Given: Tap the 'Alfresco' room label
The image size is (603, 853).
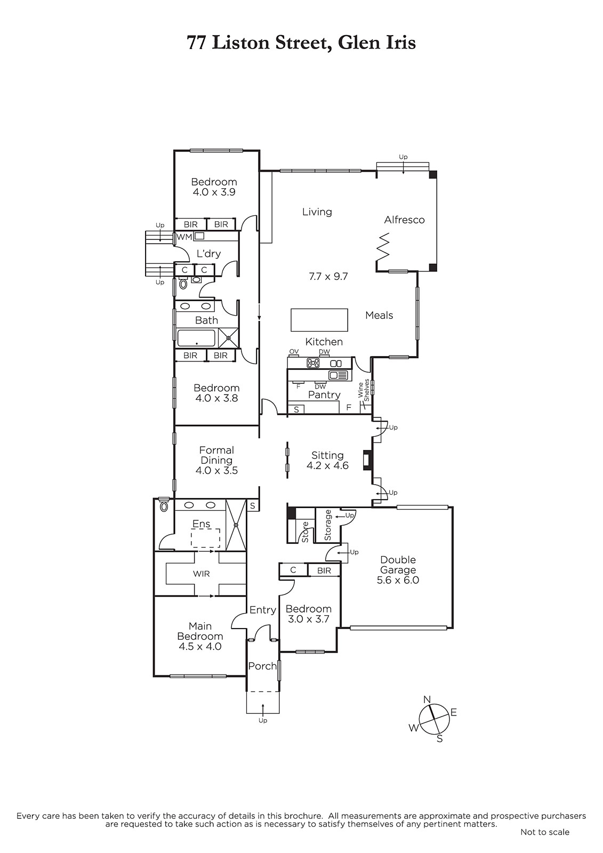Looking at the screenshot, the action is coord(404,220).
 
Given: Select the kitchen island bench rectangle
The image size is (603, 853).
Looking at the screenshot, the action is coord(319,320).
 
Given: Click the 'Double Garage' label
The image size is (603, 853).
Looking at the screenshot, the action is coord(398,565).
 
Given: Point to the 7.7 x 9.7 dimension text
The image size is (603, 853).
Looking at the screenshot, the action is coord(328,276).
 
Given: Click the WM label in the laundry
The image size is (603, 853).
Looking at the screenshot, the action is coord(184,237).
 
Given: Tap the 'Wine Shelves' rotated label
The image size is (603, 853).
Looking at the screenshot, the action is coord(364,390).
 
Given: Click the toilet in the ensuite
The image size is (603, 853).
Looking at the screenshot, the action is coord(164,506).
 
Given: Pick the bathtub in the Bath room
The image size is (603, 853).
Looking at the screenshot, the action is coord(196,338).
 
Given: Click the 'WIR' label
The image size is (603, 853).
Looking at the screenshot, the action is coord(201,574).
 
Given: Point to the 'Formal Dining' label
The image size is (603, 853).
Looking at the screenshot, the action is coord(216,455).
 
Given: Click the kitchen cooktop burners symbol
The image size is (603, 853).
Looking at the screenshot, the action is coord(313,363).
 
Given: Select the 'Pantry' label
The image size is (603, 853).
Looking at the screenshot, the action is coord(324,395).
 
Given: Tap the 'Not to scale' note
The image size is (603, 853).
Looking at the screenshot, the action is coord(545,843).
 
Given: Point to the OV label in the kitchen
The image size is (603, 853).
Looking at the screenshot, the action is coord(294,351).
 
